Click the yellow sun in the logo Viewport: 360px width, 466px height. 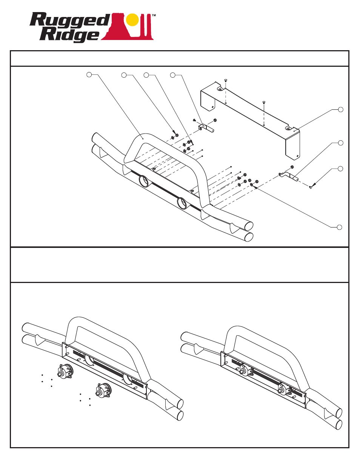[132, 20]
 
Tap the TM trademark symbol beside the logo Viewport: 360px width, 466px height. [154, 16]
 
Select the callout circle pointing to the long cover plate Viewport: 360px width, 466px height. [340, 109]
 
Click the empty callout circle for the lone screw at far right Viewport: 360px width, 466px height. [340, 168]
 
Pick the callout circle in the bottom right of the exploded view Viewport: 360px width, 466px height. [339, 227]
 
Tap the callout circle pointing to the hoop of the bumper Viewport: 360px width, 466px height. [89, 75]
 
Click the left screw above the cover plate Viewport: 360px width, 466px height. [225, 80]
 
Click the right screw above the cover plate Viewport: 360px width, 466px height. [264, 102]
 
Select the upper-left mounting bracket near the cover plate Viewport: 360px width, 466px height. [206, 128]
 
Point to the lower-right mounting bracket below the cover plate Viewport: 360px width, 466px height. [288, 175]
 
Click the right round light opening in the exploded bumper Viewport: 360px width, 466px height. [183, 203]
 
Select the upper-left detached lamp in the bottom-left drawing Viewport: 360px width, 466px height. [65, 372]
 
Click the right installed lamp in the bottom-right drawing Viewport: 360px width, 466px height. [285, 389]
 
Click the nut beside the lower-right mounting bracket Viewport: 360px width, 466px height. [292, 167]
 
